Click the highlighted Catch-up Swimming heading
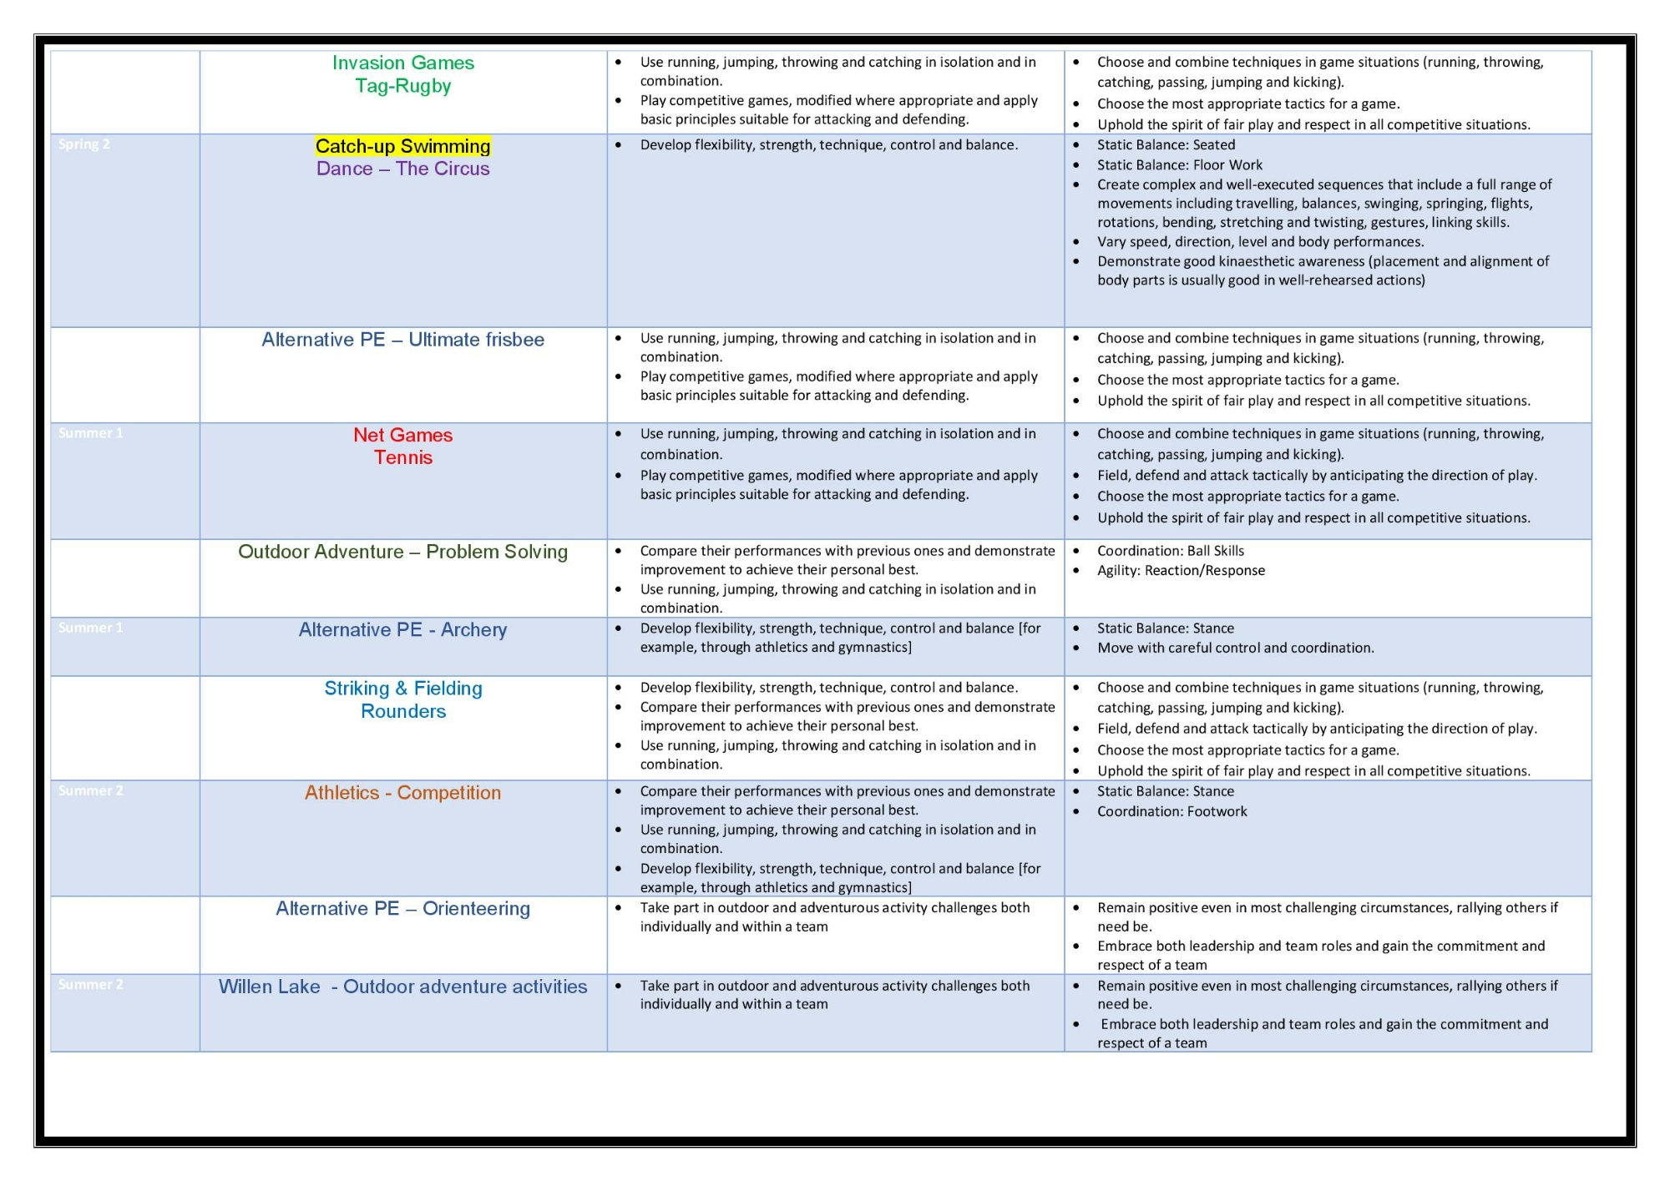point(402,146)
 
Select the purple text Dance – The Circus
point(402,169)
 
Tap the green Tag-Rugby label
point(402,86)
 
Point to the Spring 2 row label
point(84,144)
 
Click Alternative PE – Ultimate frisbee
point(402,340)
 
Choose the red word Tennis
point(402,457)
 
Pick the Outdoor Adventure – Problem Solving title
point(402,552)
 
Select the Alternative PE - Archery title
point(402,630)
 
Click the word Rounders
point(402,711)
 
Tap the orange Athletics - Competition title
point(402,793)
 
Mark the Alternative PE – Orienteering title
point(402,908)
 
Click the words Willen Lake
point(269,987)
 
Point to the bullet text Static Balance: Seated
point(1166,144)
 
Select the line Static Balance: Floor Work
point(1179,165)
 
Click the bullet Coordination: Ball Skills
point(1170,551)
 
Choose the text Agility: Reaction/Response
point(1181,571)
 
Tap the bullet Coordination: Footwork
point(1172,811)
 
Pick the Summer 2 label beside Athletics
point(91,790)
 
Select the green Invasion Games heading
point(402,63)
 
